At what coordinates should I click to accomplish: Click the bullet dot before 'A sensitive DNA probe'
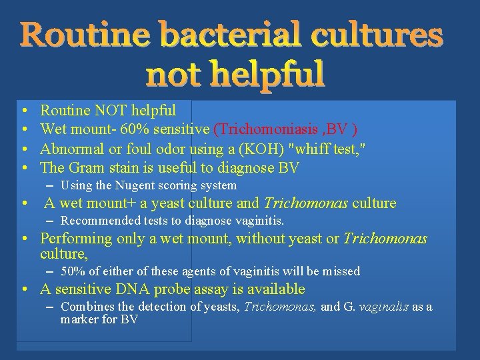[x=23, y=290]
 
